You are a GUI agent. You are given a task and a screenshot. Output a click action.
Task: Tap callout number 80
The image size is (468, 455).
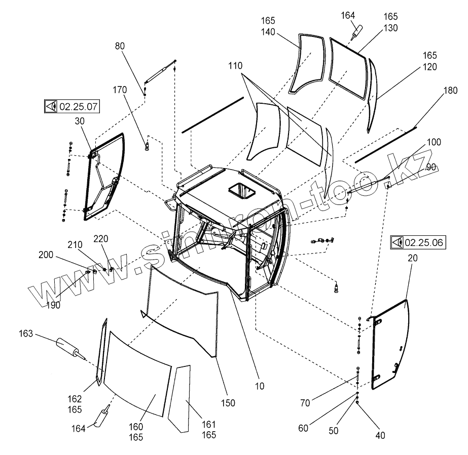120,46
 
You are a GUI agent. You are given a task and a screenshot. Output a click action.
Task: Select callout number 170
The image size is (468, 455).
120,91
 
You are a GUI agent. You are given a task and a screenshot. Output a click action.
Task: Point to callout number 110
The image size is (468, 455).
235,66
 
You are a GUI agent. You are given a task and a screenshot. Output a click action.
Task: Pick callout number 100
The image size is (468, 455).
434,143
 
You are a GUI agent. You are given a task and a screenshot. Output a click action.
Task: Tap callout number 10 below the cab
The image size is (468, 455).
259,386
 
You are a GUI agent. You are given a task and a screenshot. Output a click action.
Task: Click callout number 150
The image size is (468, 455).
228,403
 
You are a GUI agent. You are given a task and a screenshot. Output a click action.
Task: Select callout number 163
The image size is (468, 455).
26,334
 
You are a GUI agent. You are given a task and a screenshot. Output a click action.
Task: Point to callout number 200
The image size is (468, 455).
45,255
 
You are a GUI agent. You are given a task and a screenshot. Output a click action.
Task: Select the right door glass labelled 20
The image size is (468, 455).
390,344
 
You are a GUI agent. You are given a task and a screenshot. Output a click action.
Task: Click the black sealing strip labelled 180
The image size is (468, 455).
385,145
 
